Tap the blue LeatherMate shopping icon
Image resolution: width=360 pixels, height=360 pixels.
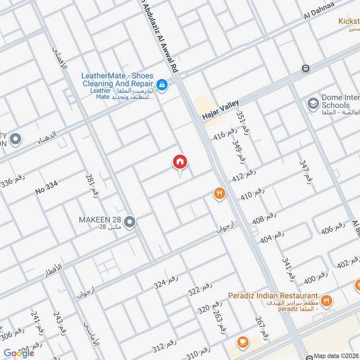click(x=162, y=84)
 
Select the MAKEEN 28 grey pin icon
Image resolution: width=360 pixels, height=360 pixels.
click(x=130, y=222)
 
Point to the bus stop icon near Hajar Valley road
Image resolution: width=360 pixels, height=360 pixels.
click(x=306, y=68)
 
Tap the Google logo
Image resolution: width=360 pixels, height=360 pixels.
click(x=19, y=353)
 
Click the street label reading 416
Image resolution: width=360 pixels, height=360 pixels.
click(x=225, y=134)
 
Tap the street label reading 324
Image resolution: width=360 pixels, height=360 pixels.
click(x=166, y=282)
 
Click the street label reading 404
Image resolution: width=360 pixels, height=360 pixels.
click(x=272, y=236)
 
